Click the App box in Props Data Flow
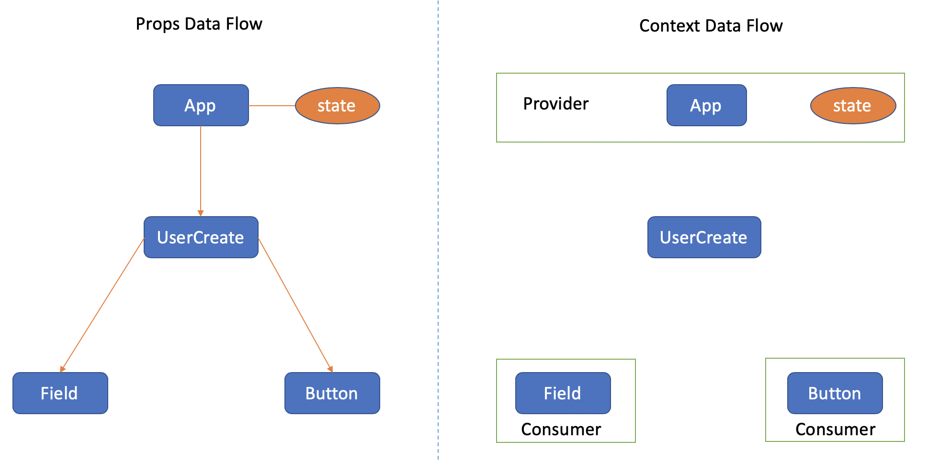coord(201,105)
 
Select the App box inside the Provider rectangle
coord(706,105)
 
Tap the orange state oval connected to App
coord(337,106)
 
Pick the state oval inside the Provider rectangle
coord(853,106)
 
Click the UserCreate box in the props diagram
coord(201,237)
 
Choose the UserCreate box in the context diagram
coord(704,237)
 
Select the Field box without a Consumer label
coord(60,393)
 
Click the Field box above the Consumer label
coord(563,393)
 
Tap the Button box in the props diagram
coord(332,393)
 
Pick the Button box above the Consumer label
coord(835,393)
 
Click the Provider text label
coord(555,104)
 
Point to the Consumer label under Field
coord(561,429)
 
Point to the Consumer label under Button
coord(835,429)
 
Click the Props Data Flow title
coord(199,24)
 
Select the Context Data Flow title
coord(711,26)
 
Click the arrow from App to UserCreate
coord(201,171)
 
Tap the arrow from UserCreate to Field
coord(102,305)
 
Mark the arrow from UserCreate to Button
coord(295,305)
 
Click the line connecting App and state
coord(272,106)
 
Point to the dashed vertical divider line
coord(438,231)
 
